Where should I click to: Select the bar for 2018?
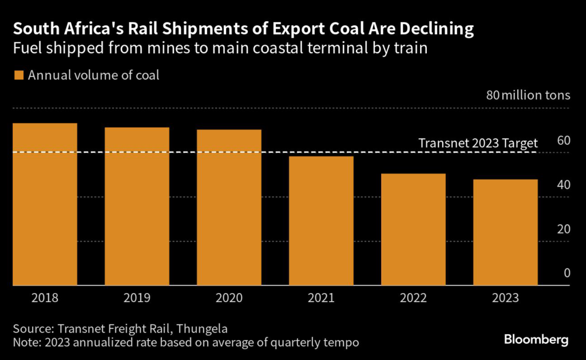pos(45,204)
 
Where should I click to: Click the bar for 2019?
pos(137,206)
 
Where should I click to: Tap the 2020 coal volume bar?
pos(229,207)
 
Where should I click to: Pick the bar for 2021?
pos(321,221)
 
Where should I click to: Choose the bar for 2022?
pos(413,230)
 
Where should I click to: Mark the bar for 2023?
pos(505,232)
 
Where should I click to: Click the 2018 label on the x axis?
pos(45,298)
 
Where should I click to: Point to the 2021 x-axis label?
pos(321,298)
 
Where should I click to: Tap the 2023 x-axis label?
pos(505,298)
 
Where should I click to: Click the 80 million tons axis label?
pos(528,95)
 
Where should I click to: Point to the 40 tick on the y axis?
pos(563,185)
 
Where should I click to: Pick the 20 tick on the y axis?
pos(563,229)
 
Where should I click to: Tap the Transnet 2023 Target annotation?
pos(478,143)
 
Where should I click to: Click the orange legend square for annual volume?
pos(18,75)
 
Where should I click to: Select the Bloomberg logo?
pos(536,339)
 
